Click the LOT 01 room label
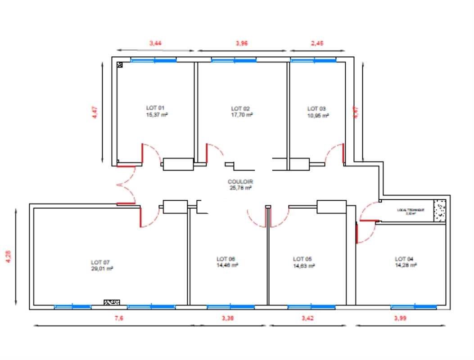click(x=156, y=108)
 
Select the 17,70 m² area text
click(x=242, y=115)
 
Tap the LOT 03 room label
click(x=316, y=108)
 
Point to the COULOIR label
click(x=240, y=182)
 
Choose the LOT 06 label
click(x=226, y=259)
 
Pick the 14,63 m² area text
click(x=304, y=265)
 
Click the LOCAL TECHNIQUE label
click(x=410, y=210)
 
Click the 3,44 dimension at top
click(x=155, y=43)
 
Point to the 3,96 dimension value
click(x=242, y=43)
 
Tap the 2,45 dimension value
click(x=317, y=43)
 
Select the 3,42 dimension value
click(x=307, y=318)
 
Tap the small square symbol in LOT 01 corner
click(x=120, y=65)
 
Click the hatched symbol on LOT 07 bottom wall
click(x=112, y=302)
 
